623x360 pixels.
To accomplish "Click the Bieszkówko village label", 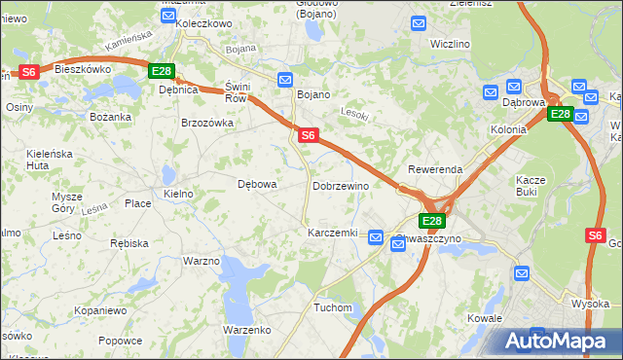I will pos(83,70).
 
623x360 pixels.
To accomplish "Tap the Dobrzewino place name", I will pos(340,185).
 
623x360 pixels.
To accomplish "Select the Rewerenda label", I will pos(435,169).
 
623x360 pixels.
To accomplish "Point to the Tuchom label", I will pos(332,307).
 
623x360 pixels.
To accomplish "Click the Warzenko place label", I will pos(246,330).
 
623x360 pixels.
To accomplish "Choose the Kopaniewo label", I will pos(101,310).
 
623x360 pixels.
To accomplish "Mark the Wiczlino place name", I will pos(451,44).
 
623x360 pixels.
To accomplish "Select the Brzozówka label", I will pos(207,123).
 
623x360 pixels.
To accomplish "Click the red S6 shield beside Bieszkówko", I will pos(28,71).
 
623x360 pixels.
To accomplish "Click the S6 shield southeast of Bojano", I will pos(307,136).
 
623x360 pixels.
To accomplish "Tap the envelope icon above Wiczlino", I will pos(419,23).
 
